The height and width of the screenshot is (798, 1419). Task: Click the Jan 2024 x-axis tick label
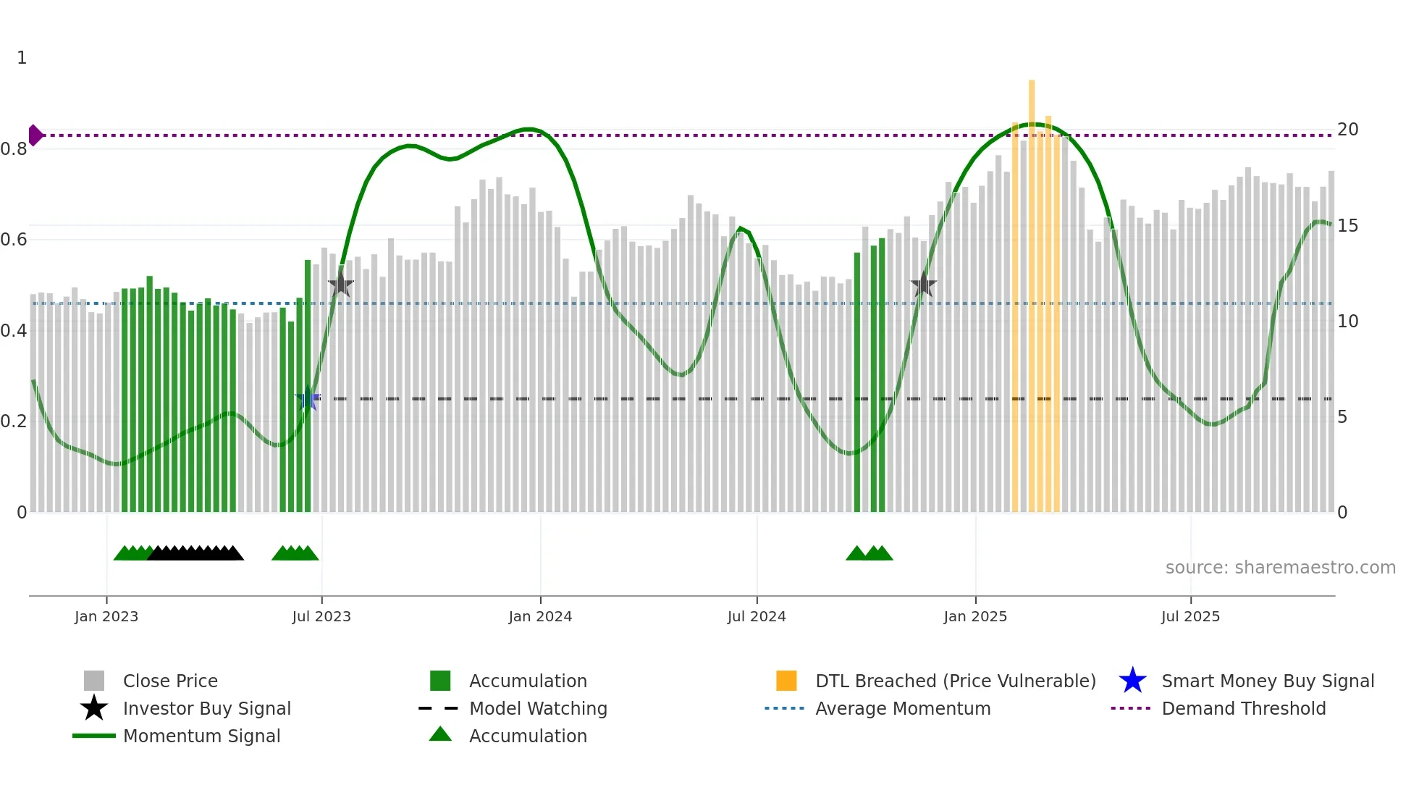pyautogui.click(x=540, y=616)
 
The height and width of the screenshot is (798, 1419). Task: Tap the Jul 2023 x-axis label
pyautogui.click(x=321, y=616)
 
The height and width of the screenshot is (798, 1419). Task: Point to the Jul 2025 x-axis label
pyautogui.click(x=1190, y=616)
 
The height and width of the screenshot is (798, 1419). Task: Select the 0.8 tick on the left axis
pyautogui.click(x=14, y=149)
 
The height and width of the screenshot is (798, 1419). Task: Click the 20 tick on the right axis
pyautogui.click(x=1347, y=130)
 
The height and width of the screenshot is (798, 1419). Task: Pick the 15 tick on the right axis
pyautogui.click(x=1347, y=226)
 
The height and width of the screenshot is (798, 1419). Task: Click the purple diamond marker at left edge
pyautogui.click(x=35, y=135)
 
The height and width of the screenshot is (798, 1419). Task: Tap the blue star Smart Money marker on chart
pyautogui.click(x=308, y=398)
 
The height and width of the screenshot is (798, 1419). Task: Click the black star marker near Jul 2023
pyautogui.click(x=341, y=285)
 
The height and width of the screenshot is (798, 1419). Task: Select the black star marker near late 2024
pyautogui.click(x=923, y=285)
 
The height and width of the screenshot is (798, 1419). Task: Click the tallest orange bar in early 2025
pyautogui.click(x=1032, y=290)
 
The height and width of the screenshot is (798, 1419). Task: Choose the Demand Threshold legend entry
pyautogui.click(x=1243, y=708)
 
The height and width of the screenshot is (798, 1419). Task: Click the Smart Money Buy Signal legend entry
pyautogui.click(x=1267, y=681)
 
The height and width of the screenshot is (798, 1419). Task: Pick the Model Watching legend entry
pyautogui.click(x=537, y=708)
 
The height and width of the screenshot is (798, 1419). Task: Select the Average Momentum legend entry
pyautogui.click(x=902, y=708)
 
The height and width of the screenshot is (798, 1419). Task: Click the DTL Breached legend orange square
pyautogui.click(x=786, y=681)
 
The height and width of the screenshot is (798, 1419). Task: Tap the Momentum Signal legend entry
pyautogui.click(x=201, y=736)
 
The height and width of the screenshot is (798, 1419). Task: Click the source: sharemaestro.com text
pyautogui.click(x=1280, y=567)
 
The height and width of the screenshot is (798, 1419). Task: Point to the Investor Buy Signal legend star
pyautogui.click(x=94, y=708)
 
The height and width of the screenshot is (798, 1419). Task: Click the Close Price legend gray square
pyautogui.click(x=94, y=681)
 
